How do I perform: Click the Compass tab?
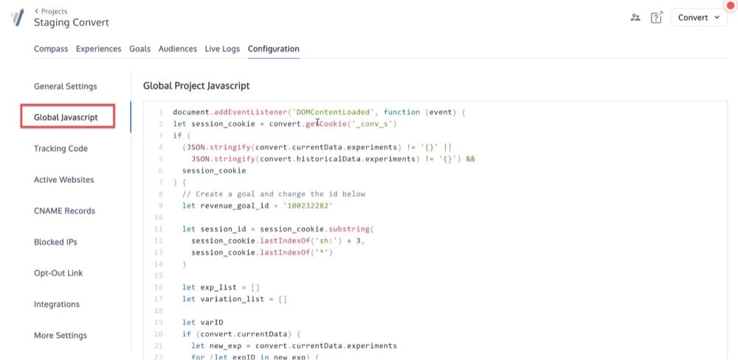point(51,49)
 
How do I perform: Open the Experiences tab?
point(98,49)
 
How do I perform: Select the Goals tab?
point(139,49)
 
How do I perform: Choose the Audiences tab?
point(177,49)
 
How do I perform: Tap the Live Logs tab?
point(222,49)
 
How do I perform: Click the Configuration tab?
point(274,49)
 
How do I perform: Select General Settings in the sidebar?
point(66,86)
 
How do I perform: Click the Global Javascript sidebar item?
point(66,117)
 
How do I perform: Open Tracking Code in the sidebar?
point(61,149)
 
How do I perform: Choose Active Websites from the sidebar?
point(64,180)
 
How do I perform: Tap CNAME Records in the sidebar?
point(64,211)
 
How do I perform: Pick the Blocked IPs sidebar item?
point(55,242)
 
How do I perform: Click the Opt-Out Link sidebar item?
point(59,273)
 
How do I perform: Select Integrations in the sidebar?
point(57,305)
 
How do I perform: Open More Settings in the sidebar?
point(61,336)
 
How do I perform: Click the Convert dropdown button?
point(698,18)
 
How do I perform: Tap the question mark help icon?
point(656,18)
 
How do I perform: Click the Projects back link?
point(51,11)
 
